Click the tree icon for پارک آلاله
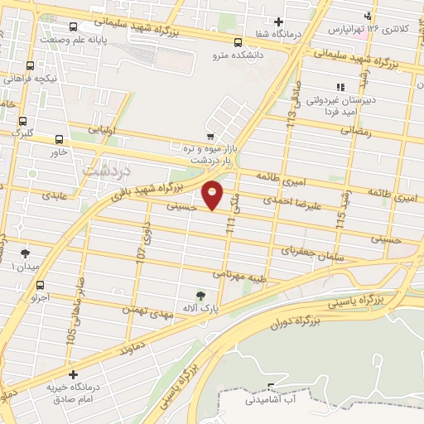[199, 294]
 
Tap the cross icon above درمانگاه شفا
[279, 22]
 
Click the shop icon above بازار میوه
[210, 135]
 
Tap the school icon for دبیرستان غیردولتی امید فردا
[340, 86]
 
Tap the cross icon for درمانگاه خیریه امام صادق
[74, 375]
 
